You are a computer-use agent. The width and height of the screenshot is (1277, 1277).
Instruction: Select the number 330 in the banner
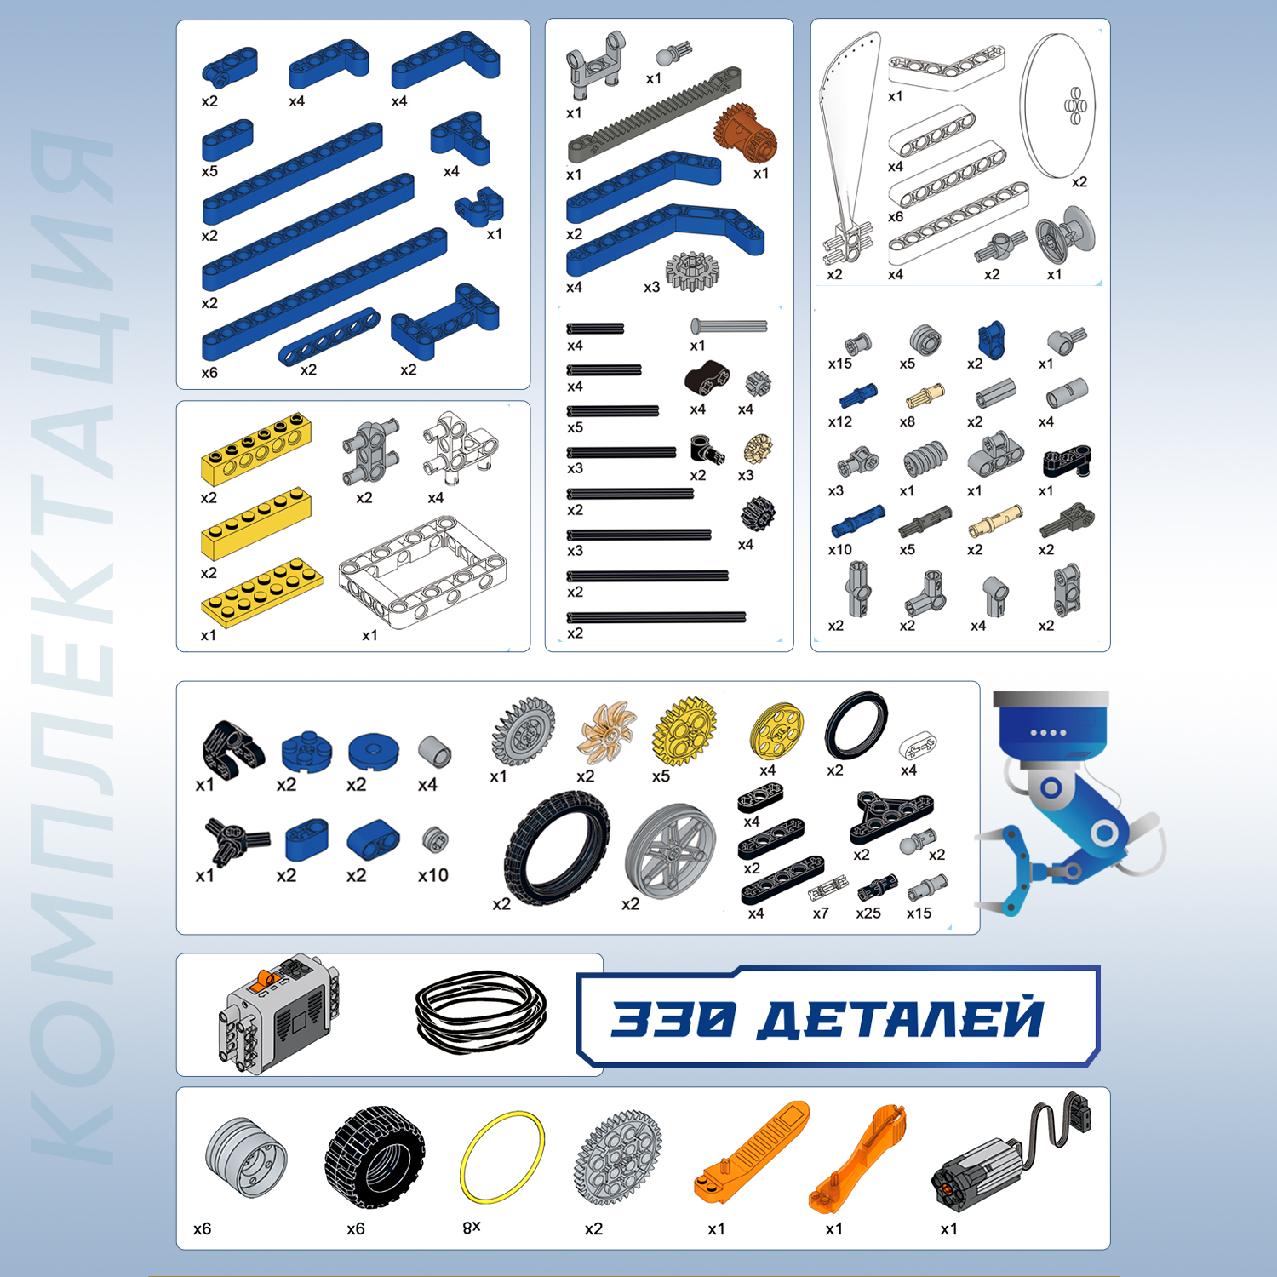pyautogui.click(x=673, y=1018)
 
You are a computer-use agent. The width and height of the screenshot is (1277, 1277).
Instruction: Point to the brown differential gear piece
pyautogui.click(x=746, y=133)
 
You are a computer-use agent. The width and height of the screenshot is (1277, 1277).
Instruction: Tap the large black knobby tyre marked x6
pyautogui.click(x=375, y=1156)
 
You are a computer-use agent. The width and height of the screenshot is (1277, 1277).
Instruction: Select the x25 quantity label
pyautogui.click(x=868, y=913)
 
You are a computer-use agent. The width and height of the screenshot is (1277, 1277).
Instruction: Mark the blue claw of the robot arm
pyautogui.click(x=1013, y=868)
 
